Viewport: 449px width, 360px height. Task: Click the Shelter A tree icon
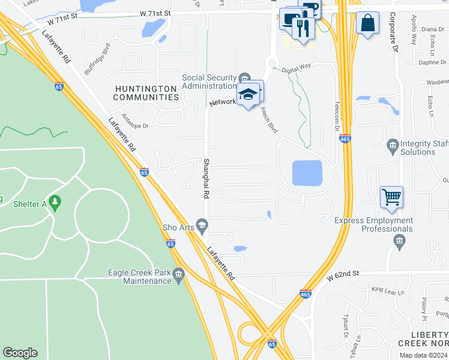(56, 203)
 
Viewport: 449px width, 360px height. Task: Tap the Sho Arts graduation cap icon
(202, 227)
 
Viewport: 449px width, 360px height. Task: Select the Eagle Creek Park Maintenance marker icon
(178, 275)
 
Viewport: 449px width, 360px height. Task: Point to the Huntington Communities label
(146, 92)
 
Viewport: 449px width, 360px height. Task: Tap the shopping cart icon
(391, 196)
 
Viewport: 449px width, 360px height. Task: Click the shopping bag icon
(367, 23)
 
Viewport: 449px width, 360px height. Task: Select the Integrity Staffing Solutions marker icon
(393, 145)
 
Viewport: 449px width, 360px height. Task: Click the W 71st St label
(155, 13)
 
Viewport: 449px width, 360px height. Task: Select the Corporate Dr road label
(394, 32)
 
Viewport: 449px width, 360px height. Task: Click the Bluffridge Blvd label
(98, 58)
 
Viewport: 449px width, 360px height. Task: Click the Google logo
(20, 353)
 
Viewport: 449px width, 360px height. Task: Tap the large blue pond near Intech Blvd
(307, 173)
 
